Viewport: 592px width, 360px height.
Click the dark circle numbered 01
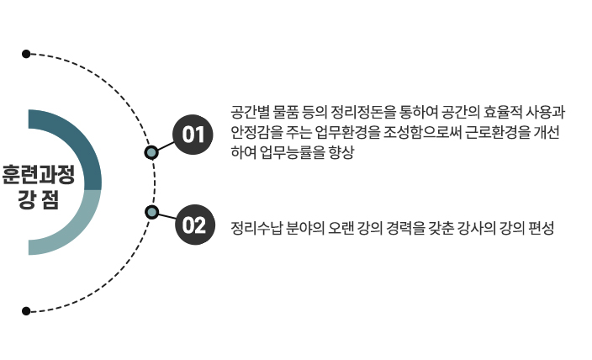tap(193, 134)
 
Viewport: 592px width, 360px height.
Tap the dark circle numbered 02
tap(193, 225)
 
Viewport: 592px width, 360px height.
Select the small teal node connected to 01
tap(151, 152)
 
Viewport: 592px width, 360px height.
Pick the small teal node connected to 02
tap(151, 211)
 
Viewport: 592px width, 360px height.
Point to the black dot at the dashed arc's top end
tap(26, 54)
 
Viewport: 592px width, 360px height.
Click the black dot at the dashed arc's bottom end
tap(26, 311)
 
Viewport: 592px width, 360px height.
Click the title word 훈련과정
tap(38, 174)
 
